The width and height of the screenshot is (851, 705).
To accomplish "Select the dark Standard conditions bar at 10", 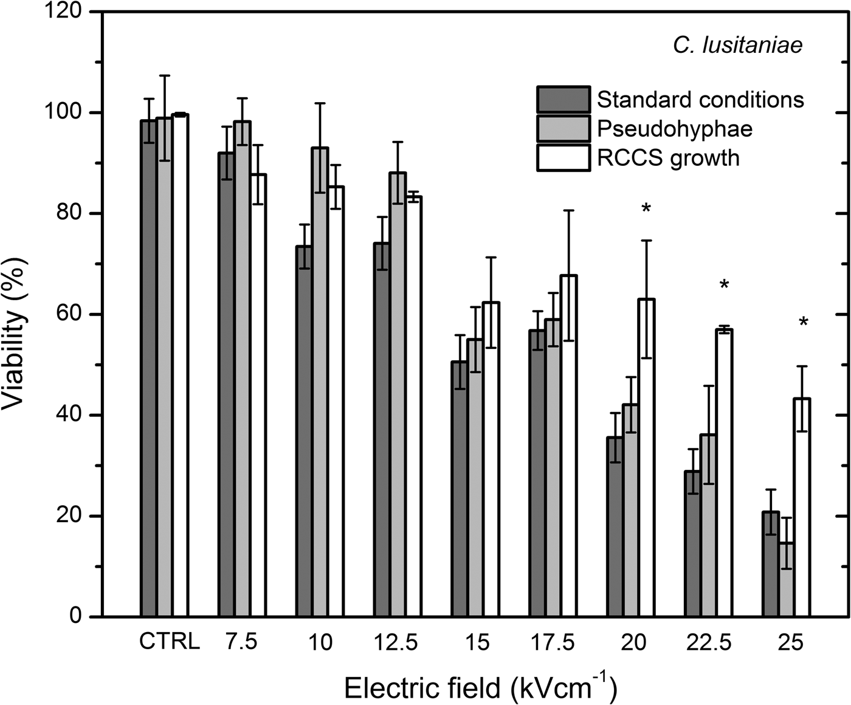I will pyautogui.click(x=304, y=431).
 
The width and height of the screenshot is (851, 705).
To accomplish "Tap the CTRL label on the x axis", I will pyautogui.click(x=169, y=642).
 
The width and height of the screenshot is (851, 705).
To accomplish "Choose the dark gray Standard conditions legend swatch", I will pyautogui.click(x=563, y=100).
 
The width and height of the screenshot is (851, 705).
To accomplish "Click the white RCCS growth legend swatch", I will pyautogui.click(x=563, y=158).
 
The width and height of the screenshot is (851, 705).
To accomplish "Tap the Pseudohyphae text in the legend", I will pyautogui.click(x=674, y=129).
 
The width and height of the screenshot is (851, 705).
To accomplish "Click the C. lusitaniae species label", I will pyautogui.click(x=737, y=45).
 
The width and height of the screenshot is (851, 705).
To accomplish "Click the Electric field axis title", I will pyautogui.click(x=480, y=688).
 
